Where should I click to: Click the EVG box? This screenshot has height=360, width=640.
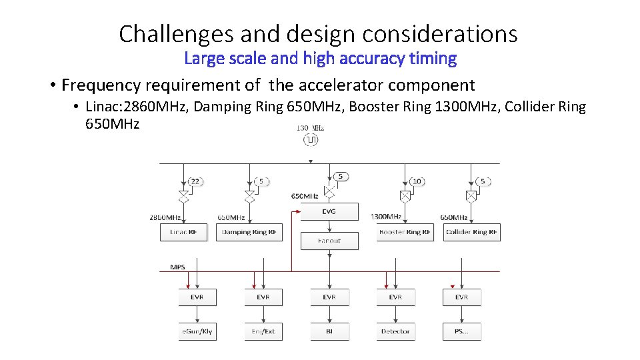tap(329, 212)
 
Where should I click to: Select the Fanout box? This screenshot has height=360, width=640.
tap(329, 241)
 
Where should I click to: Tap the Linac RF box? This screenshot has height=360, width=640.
tap(183, 232)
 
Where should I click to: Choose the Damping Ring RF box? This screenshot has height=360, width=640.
tap(250, 232)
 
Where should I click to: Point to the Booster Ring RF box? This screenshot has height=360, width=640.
tap(405, 232)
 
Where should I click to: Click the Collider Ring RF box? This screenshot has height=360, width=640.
tap(471, 232)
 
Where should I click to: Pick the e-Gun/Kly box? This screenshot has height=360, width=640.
tap(197, 331)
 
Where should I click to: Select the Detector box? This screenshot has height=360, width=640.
tap(395, 331)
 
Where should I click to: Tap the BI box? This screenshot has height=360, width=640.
tap(329, 331)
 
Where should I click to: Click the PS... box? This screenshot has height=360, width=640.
tap(461, 331)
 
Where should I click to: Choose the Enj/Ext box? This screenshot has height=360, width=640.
tap(263, 331)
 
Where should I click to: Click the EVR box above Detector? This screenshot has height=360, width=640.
tap(395, 297)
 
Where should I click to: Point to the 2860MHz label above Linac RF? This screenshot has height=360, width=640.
tap(165, 217)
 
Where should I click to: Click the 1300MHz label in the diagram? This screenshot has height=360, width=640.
tap(385, 217)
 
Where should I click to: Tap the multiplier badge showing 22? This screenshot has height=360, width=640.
tap(195, 181)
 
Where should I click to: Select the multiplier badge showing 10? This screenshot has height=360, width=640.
tap(417, 181)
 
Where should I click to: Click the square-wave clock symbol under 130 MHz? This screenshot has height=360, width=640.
tap(311, 139)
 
